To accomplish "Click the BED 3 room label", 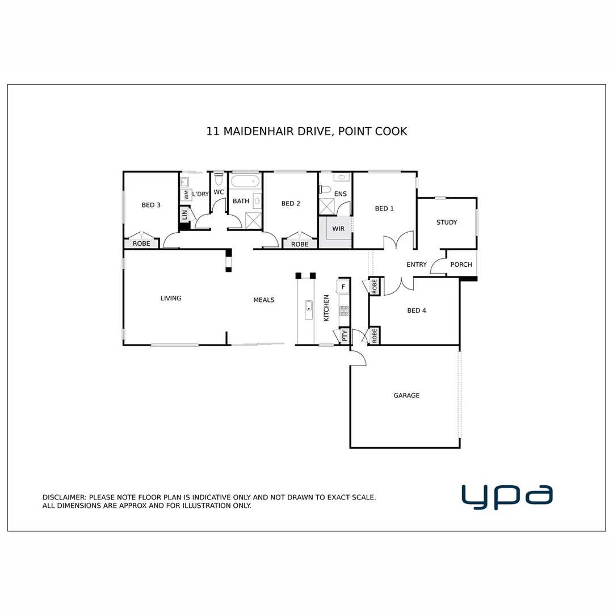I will coord(151,205).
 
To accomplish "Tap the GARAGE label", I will coord(406,395).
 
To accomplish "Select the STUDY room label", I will coord(447,222).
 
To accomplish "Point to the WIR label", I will coord(338,229).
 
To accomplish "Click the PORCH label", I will coord(461,264).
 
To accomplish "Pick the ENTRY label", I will coord(417,264).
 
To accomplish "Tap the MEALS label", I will coord(263,300).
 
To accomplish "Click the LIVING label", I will coord(171,298).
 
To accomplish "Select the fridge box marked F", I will coord(343,287).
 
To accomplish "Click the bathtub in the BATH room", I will coord(245,183).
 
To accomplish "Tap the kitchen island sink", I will coord(309,310).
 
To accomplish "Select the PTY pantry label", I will coord(345,337).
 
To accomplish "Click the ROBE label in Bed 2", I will coord(300,244).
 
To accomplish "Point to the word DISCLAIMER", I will coord(65,497).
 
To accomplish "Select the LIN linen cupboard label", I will coord(184,215).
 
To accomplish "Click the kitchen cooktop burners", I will coord(343,310).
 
